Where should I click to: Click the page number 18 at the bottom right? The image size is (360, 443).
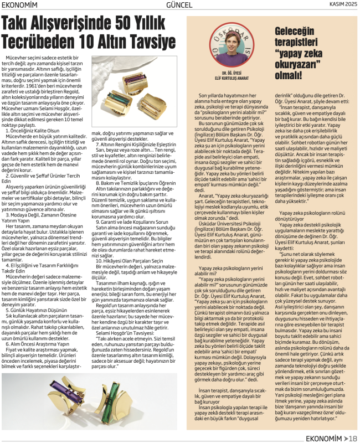click(352, 437)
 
